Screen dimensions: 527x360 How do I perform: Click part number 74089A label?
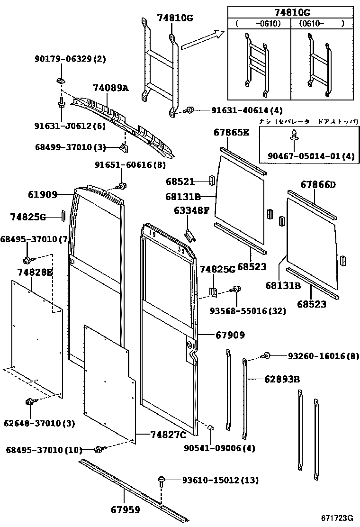110,88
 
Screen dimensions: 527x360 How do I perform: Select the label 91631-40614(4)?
240,110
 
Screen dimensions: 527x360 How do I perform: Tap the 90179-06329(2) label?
70,59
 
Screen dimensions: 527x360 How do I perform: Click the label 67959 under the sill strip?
126,510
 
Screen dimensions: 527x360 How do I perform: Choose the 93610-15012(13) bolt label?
220,481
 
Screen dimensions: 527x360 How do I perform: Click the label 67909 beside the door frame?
230,336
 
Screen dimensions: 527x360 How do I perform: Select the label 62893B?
282,380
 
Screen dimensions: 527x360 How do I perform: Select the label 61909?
43,194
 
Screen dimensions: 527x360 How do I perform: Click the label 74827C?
168,435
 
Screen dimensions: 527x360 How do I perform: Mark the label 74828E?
35,272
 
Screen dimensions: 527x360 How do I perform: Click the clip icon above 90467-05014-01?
293,135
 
